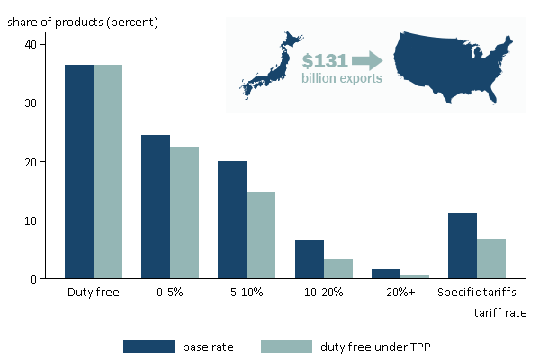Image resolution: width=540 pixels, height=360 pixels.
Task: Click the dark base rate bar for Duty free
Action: point(79,171)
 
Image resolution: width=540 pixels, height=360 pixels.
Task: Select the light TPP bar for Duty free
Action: point(108,171)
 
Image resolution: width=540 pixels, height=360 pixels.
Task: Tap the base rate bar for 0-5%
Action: point(156,207)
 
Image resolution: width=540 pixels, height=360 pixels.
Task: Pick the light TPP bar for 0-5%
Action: point(184,212)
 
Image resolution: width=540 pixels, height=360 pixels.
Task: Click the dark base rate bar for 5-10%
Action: point(232,220)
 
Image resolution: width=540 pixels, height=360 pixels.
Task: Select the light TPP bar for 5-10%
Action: point(261,235)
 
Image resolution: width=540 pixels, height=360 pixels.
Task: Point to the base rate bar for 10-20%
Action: point(309,259)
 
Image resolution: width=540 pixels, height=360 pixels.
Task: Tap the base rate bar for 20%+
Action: point(385,274)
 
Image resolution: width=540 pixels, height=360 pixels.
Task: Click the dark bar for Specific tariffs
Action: point(463,246)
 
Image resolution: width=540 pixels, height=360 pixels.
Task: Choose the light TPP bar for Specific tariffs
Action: point(491,259)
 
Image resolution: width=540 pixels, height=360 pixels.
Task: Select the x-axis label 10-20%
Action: point(323,292)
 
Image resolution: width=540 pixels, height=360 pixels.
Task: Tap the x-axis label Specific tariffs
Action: point(477,292)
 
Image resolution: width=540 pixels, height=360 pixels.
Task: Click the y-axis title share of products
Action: point(83,21)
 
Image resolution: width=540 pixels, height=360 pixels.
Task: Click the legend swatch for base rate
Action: point(148,346)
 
